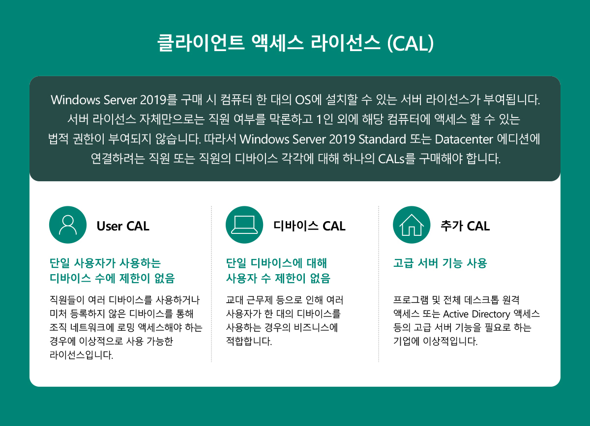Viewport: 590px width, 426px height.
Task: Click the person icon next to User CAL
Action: (68, 225)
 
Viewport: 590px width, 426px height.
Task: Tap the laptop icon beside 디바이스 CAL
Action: (244, 225)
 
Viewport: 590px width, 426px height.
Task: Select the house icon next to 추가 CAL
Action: (412, 225)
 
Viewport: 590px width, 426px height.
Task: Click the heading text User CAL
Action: (123, 226)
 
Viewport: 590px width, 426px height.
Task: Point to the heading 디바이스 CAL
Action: (309, 226)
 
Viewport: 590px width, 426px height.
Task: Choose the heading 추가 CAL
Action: (465, 226)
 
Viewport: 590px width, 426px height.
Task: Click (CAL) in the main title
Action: (411, 43)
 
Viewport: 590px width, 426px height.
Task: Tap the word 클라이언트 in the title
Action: (201, 43)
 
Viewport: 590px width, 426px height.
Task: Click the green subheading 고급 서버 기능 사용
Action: (440, 263)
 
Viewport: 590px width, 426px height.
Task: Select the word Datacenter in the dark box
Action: (464, 139)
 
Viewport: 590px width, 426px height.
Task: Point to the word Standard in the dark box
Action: (382, 139)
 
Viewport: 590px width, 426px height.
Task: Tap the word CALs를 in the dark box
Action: (397, 159)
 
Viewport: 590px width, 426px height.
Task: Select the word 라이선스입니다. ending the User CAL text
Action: (82, 355)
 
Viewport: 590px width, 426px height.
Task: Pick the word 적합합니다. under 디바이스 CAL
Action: (249, 341)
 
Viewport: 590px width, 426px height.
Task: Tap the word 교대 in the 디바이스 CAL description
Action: (235, 300)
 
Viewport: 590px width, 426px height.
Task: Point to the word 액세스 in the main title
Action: (278, 43)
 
